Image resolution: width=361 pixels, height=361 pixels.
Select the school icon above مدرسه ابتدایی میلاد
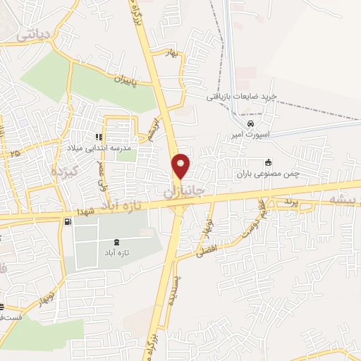(99, 137)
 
